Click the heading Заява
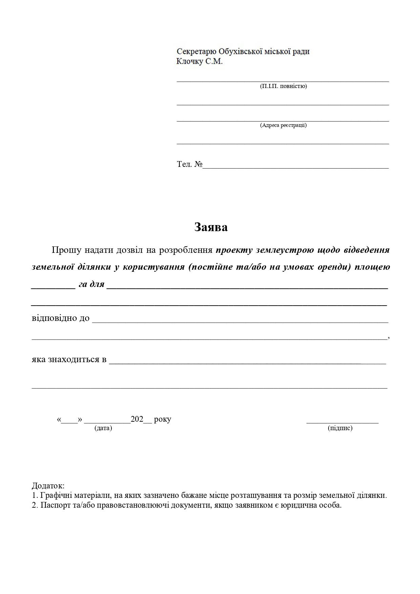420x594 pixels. [211, 227]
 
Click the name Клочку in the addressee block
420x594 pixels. [190, 61]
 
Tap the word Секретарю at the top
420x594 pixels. [196, 51]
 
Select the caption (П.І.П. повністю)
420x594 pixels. [283, 86]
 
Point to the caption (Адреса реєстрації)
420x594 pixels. [283, 125]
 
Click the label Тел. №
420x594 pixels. [189, 164]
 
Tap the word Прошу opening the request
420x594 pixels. [67, 250]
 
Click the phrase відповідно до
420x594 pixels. [61, 318]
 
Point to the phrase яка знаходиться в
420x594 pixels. [69, 359]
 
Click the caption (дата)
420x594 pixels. [103, 428]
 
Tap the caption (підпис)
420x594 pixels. [340, 428]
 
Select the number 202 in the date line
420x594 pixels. [137, 419]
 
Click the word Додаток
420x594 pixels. [48, 486]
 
